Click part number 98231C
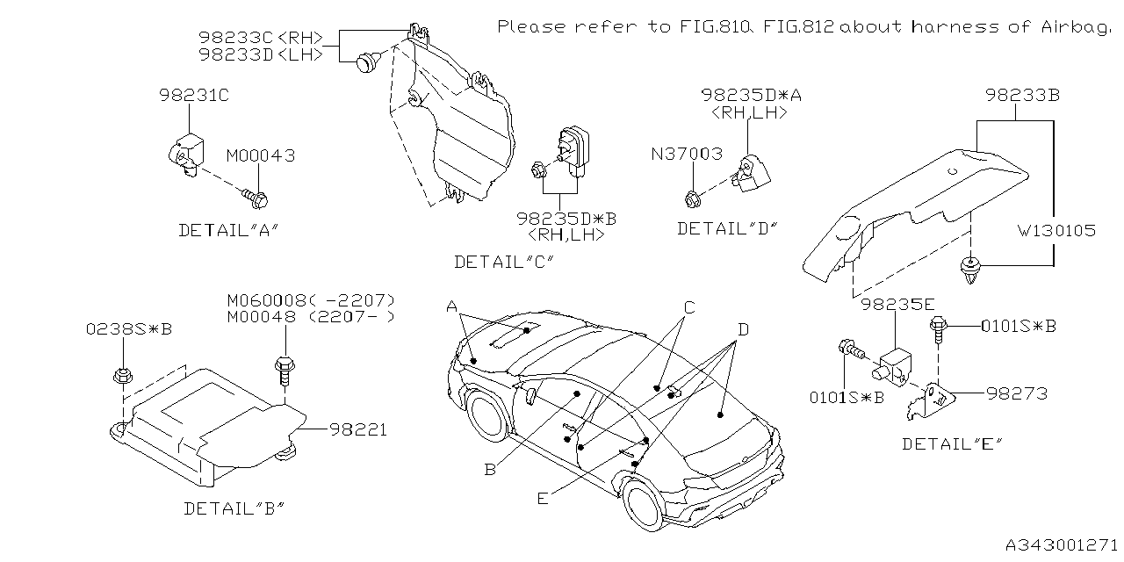point(193,94)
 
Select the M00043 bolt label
point(260,155)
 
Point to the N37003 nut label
point(688,154)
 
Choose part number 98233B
point(1021,94)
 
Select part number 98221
point(358,430)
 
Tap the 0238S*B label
point(128,329)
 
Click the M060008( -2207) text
point(310,299)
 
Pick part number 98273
point(1016,393)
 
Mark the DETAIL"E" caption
point(952,443)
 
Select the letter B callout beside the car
point(489,470)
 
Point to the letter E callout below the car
point(543,498)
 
